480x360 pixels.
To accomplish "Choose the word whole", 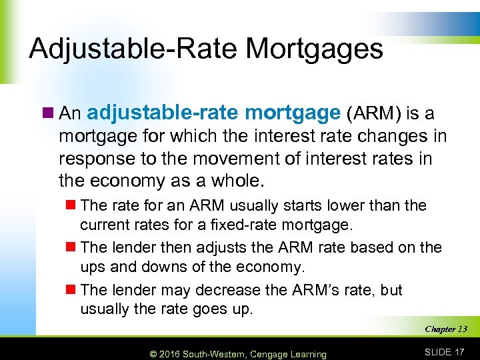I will point(235,181).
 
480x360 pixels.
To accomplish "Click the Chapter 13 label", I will point(445,329).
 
